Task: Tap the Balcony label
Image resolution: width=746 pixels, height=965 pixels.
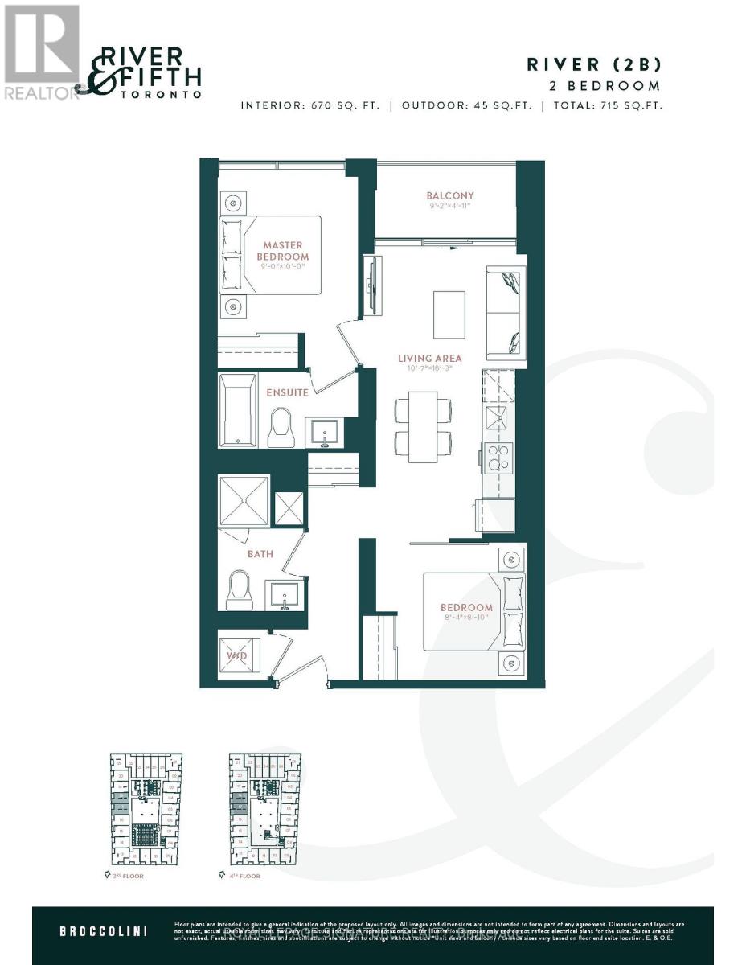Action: tap(449, 195)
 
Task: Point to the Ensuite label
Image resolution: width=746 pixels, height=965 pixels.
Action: tap(288, 392)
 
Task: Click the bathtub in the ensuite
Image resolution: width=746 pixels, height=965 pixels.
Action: tap(238, 409)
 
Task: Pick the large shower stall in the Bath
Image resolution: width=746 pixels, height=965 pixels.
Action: tap(244, 501)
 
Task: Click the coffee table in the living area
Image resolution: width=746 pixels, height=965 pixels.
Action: tap(449, 314)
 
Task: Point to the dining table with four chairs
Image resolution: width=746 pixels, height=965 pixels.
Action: tap(422, 423)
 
